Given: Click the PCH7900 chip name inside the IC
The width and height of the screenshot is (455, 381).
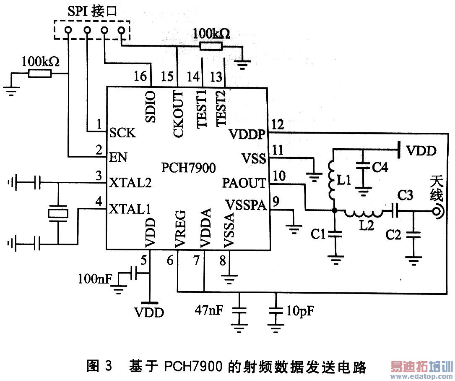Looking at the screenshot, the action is (x=189, y=168).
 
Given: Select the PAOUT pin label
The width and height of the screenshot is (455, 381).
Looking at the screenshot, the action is (x=244, y=183).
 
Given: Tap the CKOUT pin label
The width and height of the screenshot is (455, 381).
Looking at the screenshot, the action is (x=179, y=114).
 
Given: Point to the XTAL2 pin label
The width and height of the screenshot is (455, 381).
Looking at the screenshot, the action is (x=130, y=183).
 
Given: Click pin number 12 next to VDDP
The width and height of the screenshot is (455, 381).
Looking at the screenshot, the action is (x=278, y=125).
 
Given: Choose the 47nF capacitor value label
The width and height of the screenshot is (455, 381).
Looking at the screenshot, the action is (x=209, y=310).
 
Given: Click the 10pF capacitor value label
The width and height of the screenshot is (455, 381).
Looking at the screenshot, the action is (x=300, y=311).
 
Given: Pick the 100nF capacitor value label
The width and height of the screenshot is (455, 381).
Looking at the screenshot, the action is (x=95, y=279).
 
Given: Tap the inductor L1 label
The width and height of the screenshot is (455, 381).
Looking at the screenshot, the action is (x=344, y=181).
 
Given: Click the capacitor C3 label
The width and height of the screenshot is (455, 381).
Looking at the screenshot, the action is (x=405, y=195).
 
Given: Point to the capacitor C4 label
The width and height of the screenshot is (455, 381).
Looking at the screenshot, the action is (x=380, y=167).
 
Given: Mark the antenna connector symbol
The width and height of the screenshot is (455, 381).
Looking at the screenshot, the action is (x=437, y=212).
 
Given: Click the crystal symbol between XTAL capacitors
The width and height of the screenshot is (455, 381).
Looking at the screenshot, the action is (x=58, y=214).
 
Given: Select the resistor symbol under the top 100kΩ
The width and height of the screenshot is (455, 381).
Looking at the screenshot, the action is (x=211, y=46).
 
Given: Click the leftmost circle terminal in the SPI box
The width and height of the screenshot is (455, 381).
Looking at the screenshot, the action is (x=68, y=30).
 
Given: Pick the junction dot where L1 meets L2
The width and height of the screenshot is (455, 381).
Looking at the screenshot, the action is (x=335, y=210).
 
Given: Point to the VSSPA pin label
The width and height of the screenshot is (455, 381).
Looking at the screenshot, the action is (x=246, y=205).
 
